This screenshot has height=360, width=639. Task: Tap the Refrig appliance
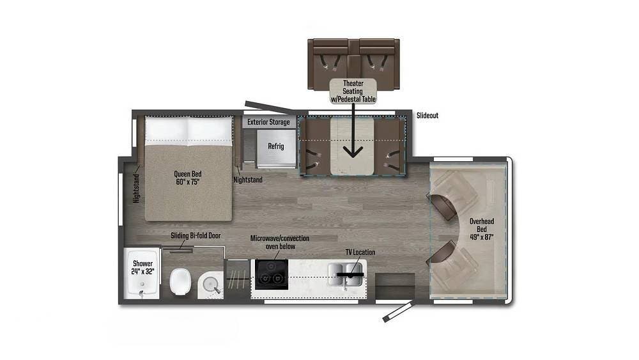tap(276, 146)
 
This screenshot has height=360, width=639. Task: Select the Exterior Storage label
tap(268, 121)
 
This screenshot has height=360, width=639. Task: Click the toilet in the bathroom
tap(180, 281)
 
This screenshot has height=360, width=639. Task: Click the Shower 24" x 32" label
tap(142, 267)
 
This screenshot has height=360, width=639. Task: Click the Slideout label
tap(427, 116)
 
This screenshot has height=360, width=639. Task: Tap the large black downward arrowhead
tap(353, 151)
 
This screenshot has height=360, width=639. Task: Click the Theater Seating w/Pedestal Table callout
tap(353, 91)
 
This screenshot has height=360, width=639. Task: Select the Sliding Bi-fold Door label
tap(196, 236)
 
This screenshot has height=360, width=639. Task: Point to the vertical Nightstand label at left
tap(136, 187)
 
